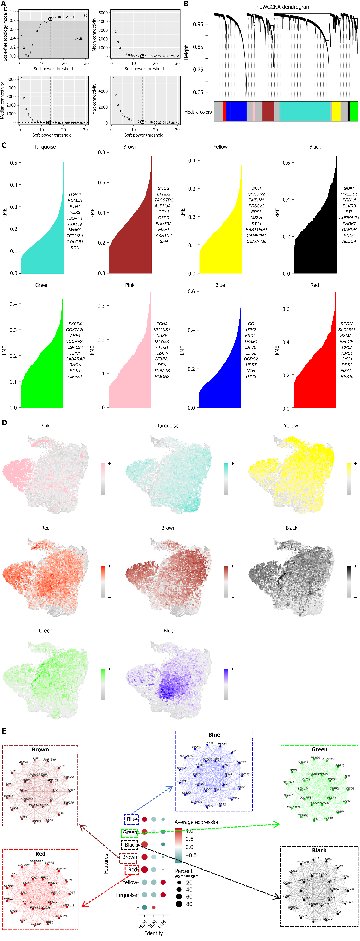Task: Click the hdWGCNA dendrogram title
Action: (x=283, y=7)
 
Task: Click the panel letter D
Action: (x=4, y=423)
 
